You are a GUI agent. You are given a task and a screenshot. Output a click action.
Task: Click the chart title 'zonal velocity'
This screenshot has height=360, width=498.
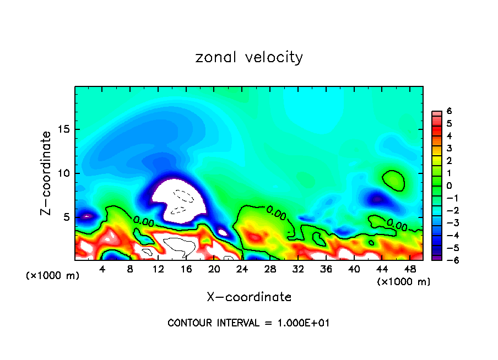tap(249, 57)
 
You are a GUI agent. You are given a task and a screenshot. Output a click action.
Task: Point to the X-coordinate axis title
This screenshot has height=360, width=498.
tap(249, 297)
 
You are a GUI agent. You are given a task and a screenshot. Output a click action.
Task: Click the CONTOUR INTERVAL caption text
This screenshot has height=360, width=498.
tap(248, 323)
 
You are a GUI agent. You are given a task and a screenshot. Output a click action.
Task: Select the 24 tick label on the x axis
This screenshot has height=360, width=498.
tap(241, 269)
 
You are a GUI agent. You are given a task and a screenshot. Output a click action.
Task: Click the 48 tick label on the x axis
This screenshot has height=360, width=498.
tap(409, 269)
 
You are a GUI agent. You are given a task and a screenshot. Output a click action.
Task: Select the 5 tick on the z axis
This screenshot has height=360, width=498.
tap(67, 217)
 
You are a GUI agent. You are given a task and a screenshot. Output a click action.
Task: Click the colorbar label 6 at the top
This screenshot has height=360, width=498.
tap(449, 111)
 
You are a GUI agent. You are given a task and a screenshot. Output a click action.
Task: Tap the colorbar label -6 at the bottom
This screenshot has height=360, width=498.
tap(448, 260)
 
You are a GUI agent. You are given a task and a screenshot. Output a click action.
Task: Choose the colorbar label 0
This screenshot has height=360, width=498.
tap(449, 186)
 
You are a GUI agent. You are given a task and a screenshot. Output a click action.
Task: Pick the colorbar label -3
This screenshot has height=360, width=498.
tap(448, 223)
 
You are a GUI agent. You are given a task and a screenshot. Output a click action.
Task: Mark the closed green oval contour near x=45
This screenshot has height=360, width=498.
tap(393, 180)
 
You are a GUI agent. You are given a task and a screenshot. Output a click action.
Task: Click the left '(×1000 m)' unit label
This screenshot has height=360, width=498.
tap(52, 275)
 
